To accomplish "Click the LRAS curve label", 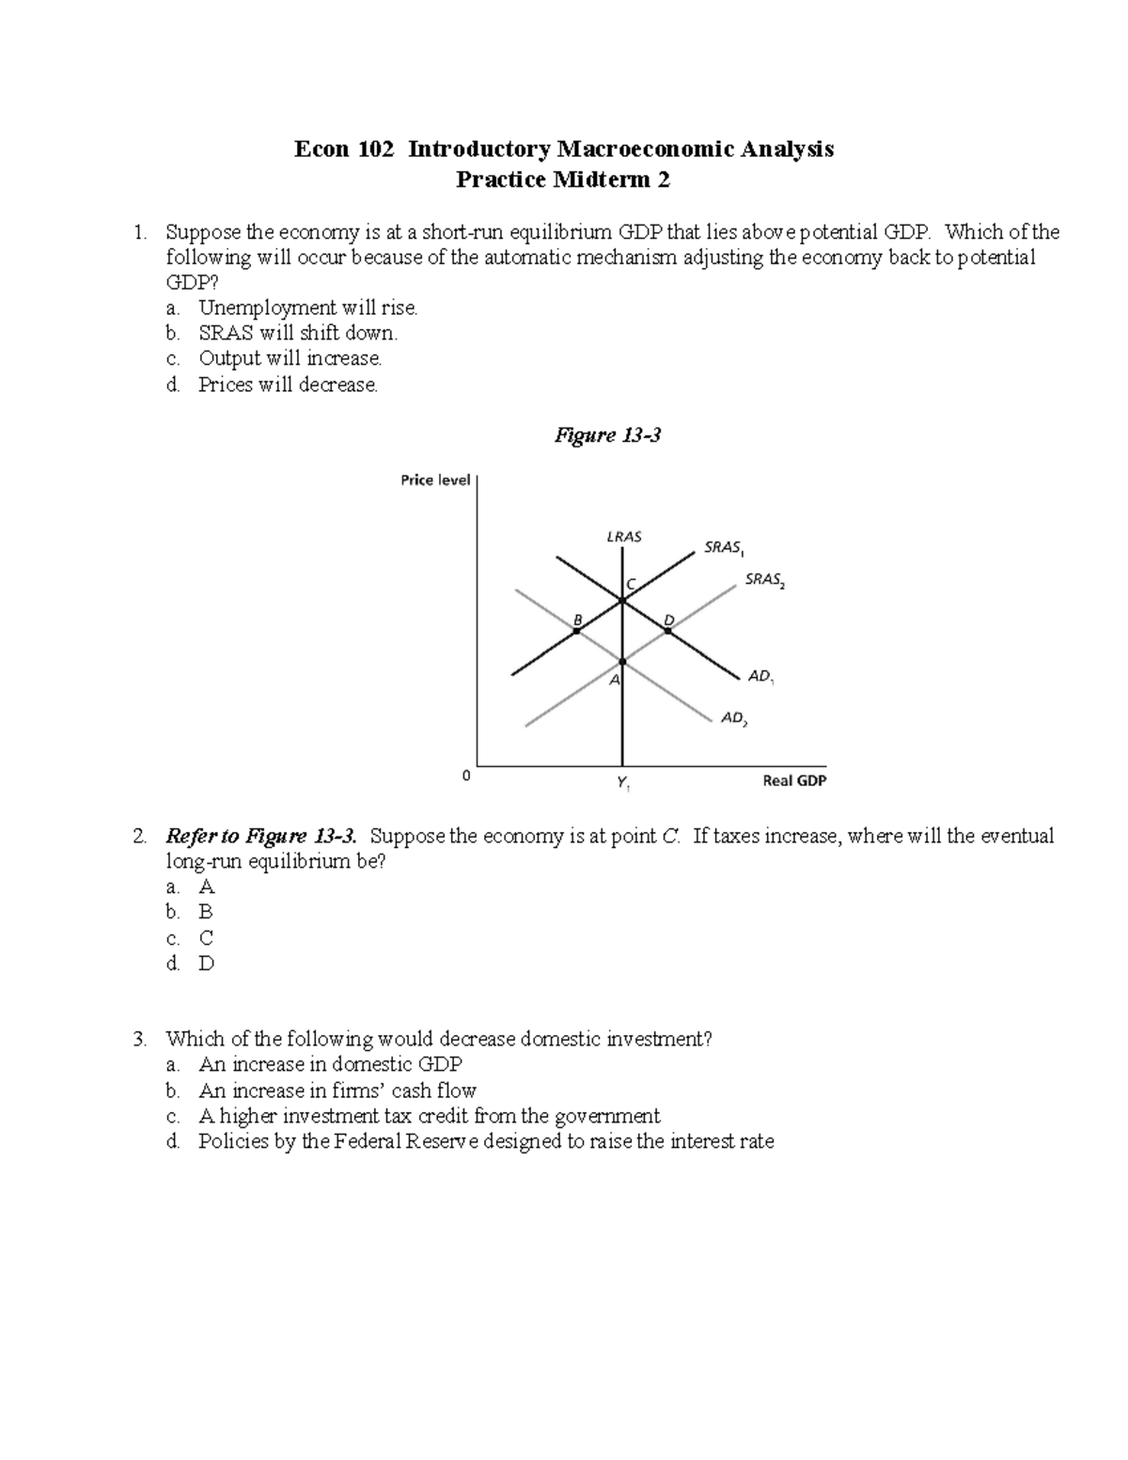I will coord(623,537).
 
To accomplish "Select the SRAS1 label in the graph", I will coord(723,547).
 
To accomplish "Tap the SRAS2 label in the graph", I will coord(764,580).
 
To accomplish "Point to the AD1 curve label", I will coord(760,676).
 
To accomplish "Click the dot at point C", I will coord(622,600).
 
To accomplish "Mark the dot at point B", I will coord(576,631).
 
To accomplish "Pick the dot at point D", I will coord(668,631).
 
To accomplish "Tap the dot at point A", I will coord(622,662).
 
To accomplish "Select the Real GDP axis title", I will coord(794,780).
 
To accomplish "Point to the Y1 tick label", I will coord(622,782).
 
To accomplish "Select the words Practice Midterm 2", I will coord(563,180).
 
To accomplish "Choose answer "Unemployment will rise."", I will coord(307,307).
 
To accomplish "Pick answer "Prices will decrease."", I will coord(288,385).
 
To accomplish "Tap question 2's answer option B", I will coord(205,912).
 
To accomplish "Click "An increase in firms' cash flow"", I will coord(337,1091).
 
